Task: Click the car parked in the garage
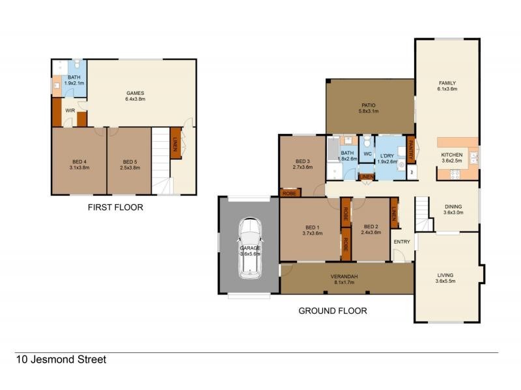click(x=249, y=248)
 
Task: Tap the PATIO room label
click(x=369, y=105)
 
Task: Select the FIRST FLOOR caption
click(x=115, y=208)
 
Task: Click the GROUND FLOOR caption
click(x=332, y=311)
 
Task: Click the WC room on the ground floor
click(x=367, y=153)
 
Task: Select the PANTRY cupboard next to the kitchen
click(x=411, y=149)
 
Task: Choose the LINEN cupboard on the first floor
click(x=175, y=143)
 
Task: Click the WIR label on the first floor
click(x=70, y=111)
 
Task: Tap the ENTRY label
click(x=402, y=242)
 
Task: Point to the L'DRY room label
click(x=387, y=153)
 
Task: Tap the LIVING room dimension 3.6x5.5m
click(x=447, y=282)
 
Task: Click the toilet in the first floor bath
click(x=77, y=64)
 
